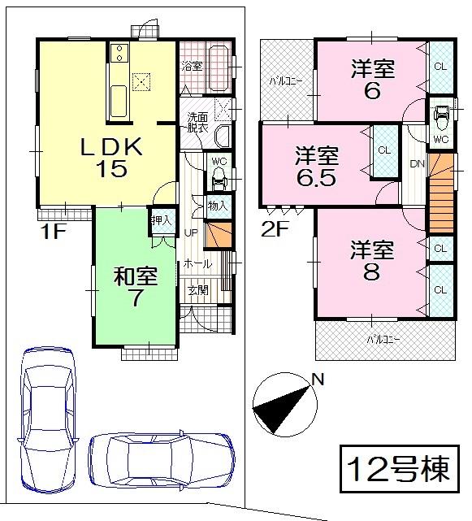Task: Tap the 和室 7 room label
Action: point(134,287)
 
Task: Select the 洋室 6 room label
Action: point(372,80)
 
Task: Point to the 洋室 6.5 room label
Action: point(317,166)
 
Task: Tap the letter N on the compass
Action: point(318,379)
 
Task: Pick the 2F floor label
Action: point(274,228)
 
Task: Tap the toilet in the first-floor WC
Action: point(217,180)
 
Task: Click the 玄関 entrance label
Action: point(197,290)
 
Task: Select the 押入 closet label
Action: point(160,219)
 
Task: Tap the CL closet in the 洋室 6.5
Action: point(383,150)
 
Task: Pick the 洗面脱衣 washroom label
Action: point(198,122)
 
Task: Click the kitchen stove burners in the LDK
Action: point(118,54)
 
